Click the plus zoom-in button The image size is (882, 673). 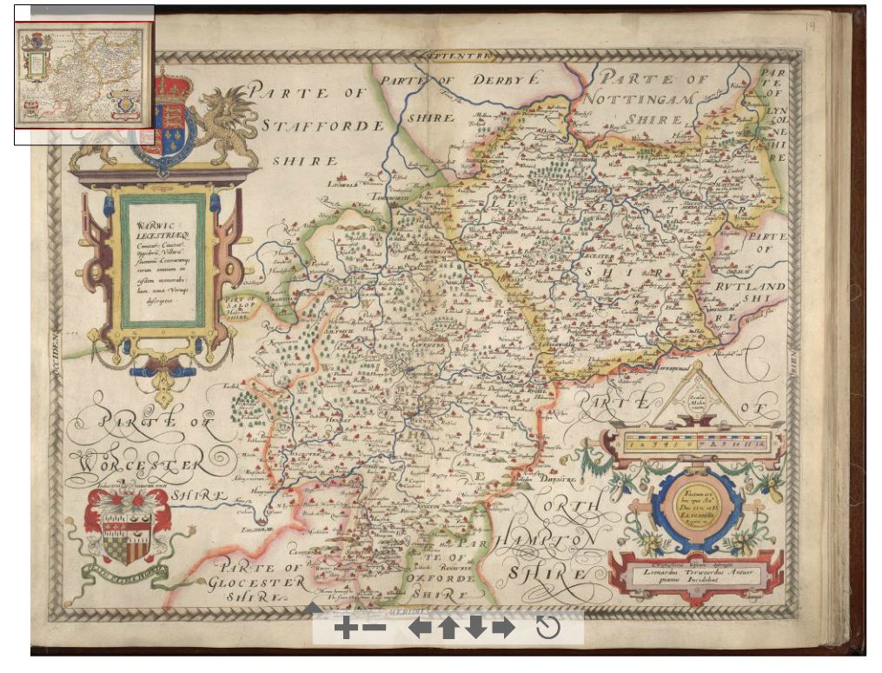pos(345,628)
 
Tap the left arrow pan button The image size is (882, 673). pos(420,628)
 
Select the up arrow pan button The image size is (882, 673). pos(448,628)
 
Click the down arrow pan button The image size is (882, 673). pos(475,628)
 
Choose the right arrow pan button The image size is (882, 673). pos(503,628)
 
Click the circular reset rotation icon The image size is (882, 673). pos(548,628)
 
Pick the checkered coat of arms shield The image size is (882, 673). pos(126,537)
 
